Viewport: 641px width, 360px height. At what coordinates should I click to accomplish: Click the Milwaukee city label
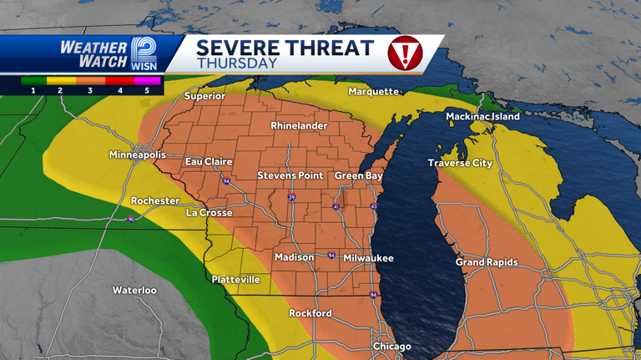coord(368,258)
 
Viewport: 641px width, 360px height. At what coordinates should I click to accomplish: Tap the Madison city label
coord(295,257)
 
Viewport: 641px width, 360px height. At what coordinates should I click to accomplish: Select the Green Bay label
coord(358,176)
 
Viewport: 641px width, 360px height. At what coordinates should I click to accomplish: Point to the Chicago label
coord(391,347)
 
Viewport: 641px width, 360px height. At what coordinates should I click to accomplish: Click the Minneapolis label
coord(138,155)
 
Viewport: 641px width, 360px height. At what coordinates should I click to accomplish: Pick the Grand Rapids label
coord(487,262)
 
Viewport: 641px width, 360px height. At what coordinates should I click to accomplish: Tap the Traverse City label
coord(461,163)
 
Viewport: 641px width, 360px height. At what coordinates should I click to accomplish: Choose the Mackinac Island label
coord(482,117)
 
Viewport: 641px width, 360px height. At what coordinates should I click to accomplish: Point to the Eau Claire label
coord(209,161)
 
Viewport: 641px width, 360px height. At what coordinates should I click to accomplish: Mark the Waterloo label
coord(134,290)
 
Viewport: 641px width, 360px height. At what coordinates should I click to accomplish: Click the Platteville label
coord(235,279)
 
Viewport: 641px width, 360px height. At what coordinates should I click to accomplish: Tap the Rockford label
coord(310,313)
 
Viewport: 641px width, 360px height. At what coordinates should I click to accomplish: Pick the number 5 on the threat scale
coord(147,89)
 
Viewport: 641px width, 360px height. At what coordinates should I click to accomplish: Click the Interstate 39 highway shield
coord(291,197)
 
